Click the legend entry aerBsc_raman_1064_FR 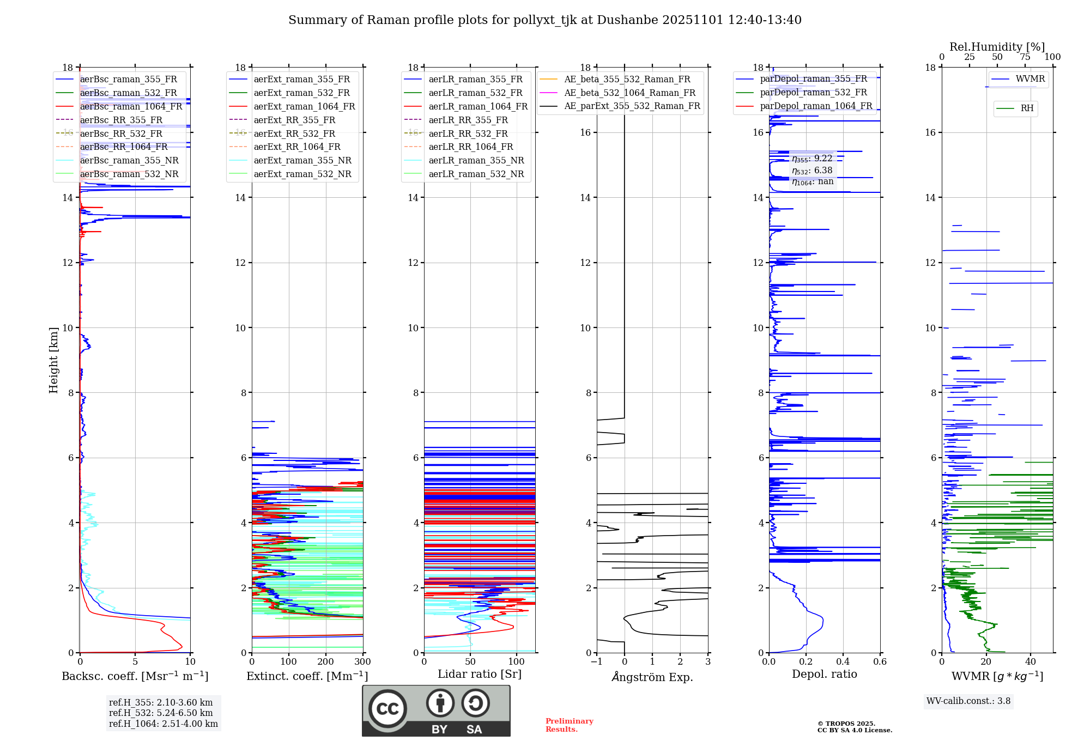click(131, 107)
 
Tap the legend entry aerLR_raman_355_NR click(476, 161)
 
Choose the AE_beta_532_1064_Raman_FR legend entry click(629, 93)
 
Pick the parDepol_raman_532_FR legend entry click(813, 93)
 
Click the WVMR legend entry click(1030, 80)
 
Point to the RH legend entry click(1027, 108)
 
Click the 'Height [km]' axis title click(53, 360)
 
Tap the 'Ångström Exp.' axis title click(652, 677)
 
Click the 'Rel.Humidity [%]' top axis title click(997, 47)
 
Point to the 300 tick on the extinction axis click(362, 662)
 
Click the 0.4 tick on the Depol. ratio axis click(843, 662)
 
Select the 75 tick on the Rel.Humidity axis click(1025, 57)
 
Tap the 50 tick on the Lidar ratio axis click(470, 662)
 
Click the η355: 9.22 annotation click(812, 159)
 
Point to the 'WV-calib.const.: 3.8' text click(968, 701)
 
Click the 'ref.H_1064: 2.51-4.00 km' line click(163, 724)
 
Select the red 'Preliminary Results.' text click(569, 725)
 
